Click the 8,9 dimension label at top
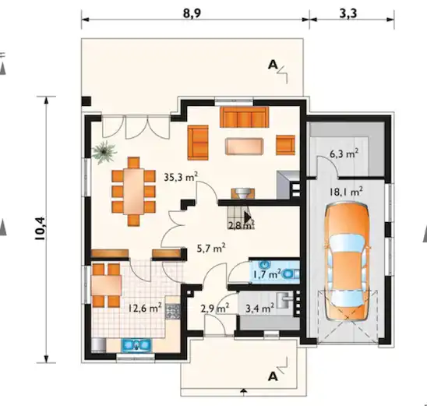click(192, 12)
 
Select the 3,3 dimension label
click(348, 12)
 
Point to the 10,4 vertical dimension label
click(41, 228)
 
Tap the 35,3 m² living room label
click(181, 177)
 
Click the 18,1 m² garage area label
click(346, 192)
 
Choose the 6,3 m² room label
click(344, 154)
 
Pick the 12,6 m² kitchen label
click(145, 309)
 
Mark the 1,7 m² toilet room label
click(266, 274)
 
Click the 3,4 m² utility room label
click(259, 309)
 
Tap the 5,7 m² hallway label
click(211, 248)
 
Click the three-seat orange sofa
click(244, 117)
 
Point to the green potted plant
click(104, 153)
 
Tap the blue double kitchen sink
click(136, 345)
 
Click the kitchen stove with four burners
click(173, 311)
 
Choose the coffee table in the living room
click(244, 147)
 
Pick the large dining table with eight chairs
click(134, 192)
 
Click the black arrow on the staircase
click(248, 217)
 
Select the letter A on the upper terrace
click(273, 65)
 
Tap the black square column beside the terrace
click(86, 101)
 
